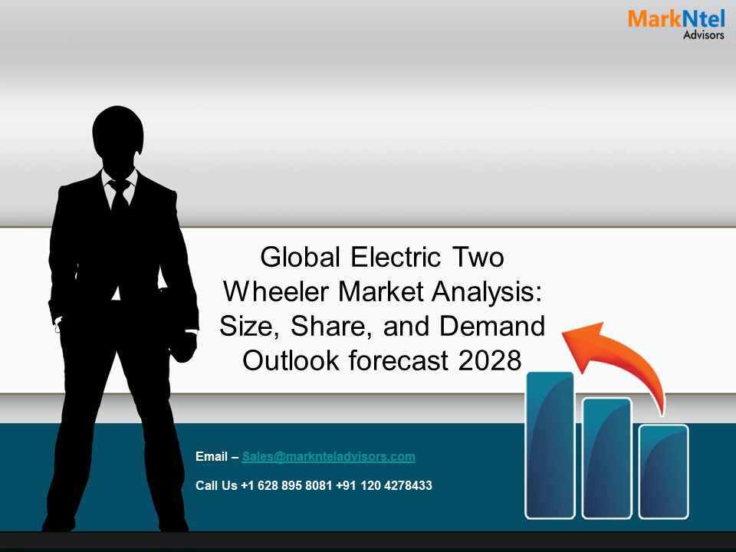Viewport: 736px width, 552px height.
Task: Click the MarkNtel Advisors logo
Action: [675, 23]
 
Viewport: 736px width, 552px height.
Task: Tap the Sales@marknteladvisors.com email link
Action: [328, 456]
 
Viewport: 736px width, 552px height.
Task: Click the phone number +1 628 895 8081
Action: [287, 485]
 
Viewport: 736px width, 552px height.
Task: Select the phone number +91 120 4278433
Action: [384, 485]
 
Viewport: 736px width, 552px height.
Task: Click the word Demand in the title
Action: [492, 326]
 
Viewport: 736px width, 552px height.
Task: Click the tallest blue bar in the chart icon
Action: [550, 445]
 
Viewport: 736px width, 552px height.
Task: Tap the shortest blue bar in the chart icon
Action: [664, 470]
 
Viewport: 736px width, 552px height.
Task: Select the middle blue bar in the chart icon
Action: [606, 457]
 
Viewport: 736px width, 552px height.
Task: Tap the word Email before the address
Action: [212, 457]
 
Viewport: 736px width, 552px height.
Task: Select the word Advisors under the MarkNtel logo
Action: [703, 34]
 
